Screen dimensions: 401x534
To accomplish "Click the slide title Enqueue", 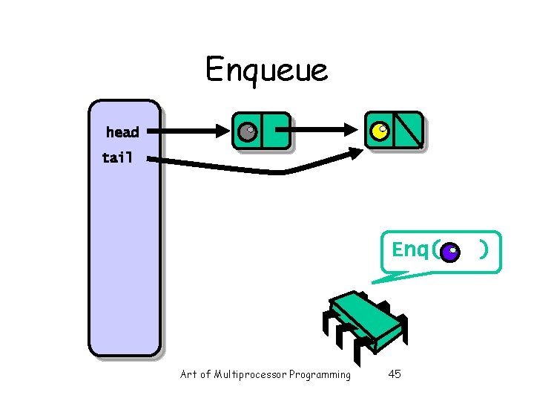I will tap(266, 71).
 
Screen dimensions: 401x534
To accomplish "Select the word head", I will tap(122, 132).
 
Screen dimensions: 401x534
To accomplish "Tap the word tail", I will tap(118, 157).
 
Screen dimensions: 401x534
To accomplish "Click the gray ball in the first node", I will tap(247, 132).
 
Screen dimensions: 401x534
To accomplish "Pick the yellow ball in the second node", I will tap(380, 131).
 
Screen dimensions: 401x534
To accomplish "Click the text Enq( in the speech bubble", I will tap(415, 250).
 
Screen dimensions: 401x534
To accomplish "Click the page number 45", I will tap(395, 374).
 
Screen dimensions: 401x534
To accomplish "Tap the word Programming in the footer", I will tap(320, 374).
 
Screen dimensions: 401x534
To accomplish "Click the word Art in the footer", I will tap(189, 374).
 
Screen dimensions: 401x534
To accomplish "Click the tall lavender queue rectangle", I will tap(124, 245).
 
